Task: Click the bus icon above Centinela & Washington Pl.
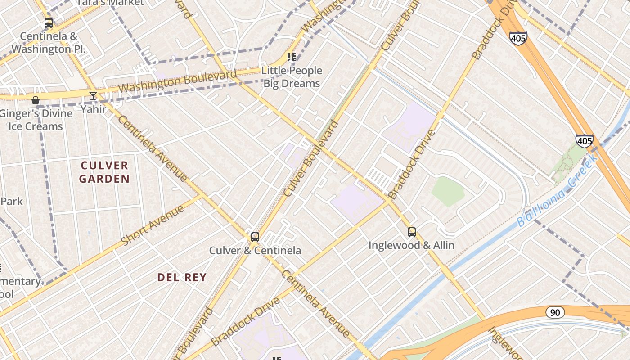point(49,23)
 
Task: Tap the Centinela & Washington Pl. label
point(49,43)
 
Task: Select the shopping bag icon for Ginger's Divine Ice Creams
point(36,100)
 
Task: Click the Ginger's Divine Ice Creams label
point(36,120)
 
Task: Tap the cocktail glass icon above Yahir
point(93,96)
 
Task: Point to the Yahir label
point(94,109)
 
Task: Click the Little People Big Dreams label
point(292,77)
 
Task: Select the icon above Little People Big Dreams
point(292,57)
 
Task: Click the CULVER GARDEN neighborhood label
point(104,172)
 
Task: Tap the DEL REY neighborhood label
point(182,277)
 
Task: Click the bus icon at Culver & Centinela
point(255,237)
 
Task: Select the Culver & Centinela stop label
point(255,251)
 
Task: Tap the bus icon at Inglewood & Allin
point(412,232)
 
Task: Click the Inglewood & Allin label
point(411,245)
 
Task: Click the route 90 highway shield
point(555,312)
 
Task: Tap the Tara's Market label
point(110,3)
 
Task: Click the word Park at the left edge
point(11,201)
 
